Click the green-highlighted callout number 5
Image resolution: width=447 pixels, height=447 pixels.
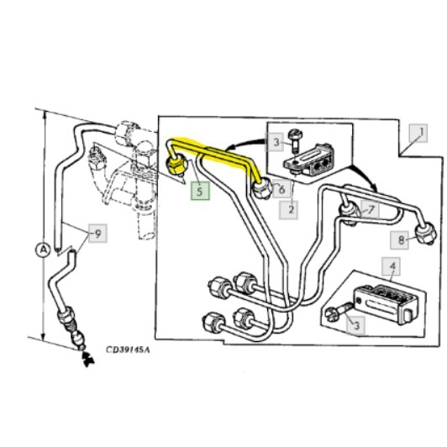click(x=200, y=191)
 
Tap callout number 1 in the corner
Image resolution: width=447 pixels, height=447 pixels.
click(x=418, y=133)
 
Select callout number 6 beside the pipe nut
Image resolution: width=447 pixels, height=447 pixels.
click(x=281, y=189)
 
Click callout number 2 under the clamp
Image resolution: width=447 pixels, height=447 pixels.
click(x=289, y=210)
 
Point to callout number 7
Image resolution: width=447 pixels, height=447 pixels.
click(x=370, y=209)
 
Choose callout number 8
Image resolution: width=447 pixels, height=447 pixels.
click(x=400, y=239)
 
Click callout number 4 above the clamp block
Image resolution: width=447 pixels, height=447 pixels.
click(x=392, y=266)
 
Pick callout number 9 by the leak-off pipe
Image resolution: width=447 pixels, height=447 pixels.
click(x=97, y=234)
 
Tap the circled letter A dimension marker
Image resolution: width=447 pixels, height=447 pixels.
click(x=44, y=250)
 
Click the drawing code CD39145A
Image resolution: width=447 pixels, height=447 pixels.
click(x=128, y=350)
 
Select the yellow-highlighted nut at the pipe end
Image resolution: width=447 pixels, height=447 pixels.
click(x=176, y=165)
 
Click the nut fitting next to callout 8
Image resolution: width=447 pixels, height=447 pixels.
click(x=426, y=234)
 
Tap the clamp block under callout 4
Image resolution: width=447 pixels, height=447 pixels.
click(x=386, y=304)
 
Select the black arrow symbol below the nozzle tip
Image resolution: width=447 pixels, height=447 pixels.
click(x=87, y=360)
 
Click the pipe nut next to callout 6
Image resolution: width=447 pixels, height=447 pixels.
click(x=262, y=188)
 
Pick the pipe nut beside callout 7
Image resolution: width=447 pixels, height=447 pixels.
click(x=350, y=213)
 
